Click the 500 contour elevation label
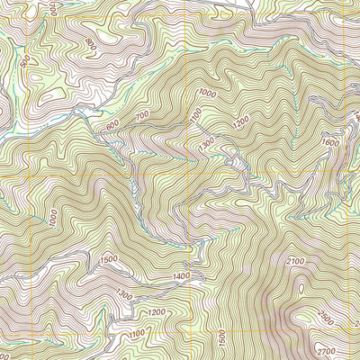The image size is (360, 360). point(24,64)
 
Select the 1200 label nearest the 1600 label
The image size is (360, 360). point(239,120)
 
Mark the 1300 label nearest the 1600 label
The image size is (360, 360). point(207,141)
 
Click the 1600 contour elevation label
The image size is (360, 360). point(330,141)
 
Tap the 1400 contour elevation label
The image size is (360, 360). point(180,274)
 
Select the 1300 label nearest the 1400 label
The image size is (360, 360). point(124,294)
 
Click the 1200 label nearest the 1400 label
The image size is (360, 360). point(157,311)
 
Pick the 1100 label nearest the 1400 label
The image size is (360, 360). point(137,334)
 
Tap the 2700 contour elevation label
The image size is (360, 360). point(330,349)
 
